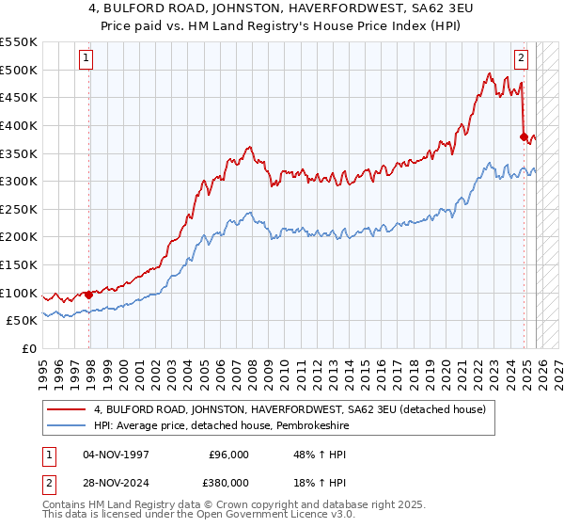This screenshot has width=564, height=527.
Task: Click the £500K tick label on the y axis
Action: coord(19,70)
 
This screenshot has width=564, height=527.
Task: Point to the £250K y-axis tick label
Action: coord(19,209)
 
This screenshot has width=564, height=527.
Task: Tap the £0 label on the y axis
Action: coord(30,348)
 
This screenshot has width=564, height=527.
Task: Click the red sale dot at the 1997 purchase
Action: coord(89,295)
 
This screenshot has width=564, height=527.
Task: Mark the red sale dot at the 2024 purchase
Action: coord(525,136)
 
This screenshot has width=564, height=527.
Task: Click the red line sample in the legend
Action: coord(68,409)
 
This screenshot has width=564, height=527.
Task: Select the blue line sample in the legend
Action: coord(68,425)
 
